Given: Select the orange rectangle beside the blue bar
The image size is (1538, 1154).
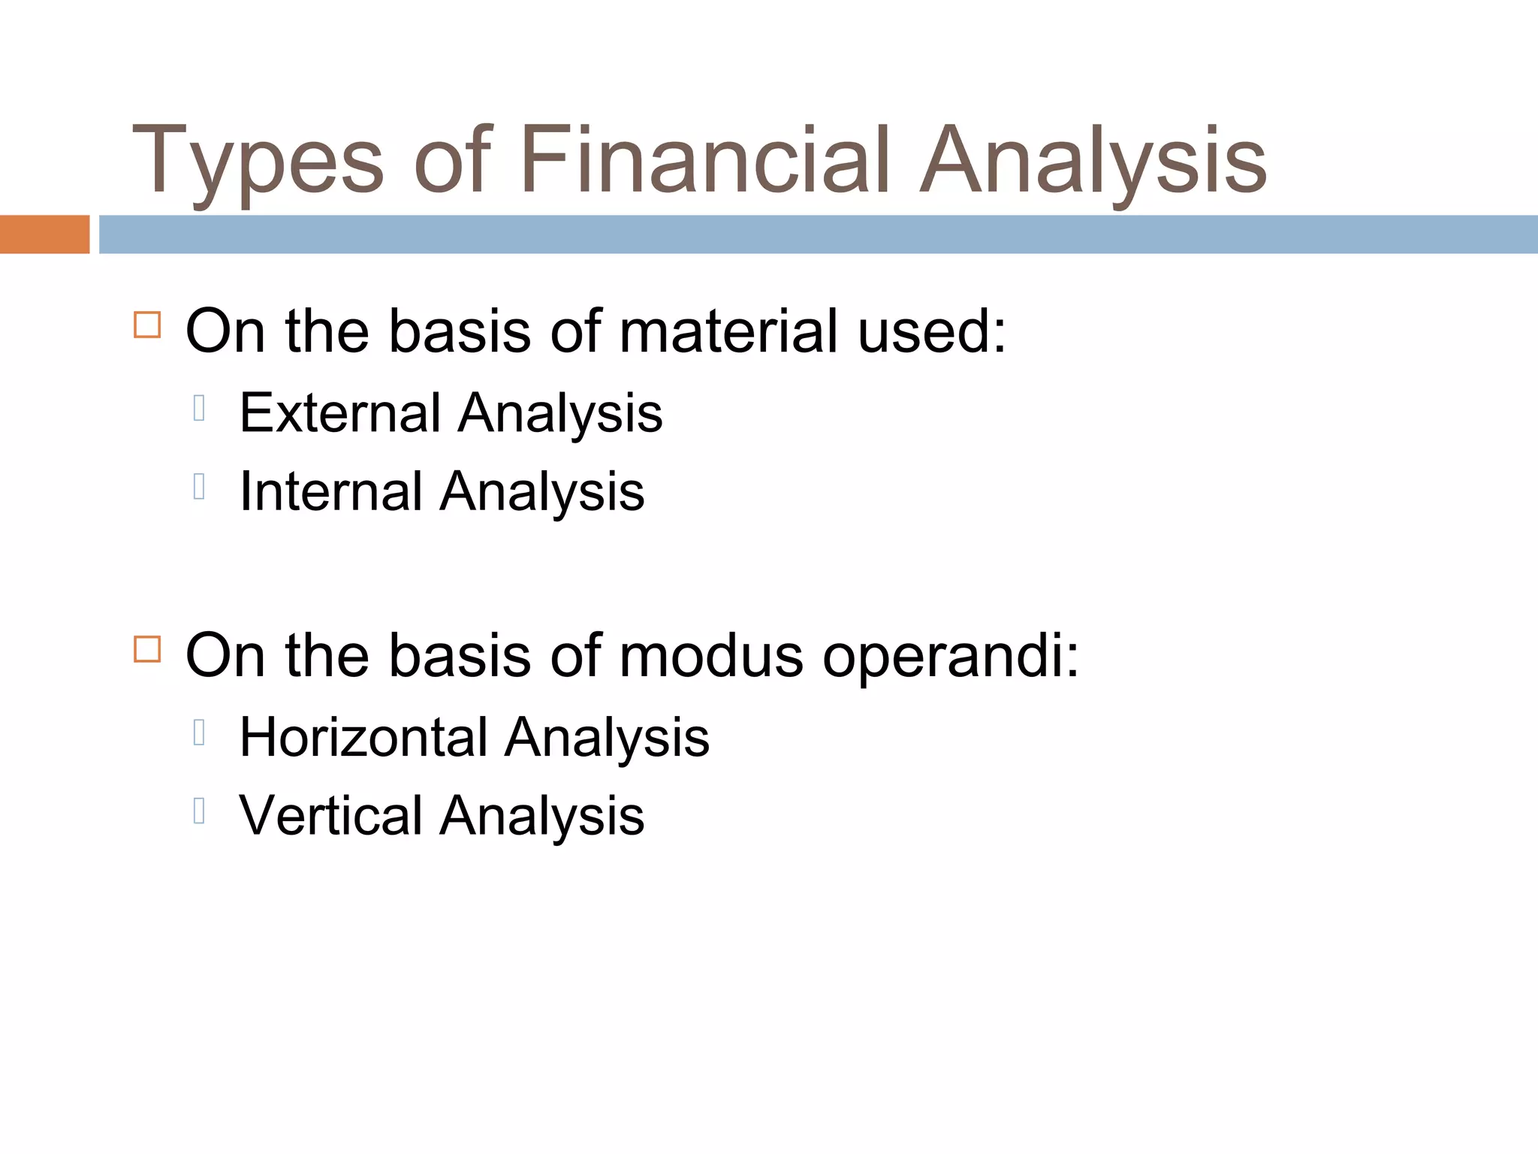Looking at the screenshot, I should coord(44,234).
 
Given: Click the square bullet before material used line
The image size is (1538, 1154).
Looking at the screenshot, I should coord(147,325).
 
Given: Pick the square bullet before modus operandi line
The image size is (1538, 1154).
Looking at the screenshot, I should coord(147,649).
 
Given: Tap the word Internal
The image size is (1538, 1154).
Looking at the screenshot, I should coord(330,491).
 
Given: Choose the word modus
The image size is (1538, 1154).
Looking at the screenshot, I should coord(710,656).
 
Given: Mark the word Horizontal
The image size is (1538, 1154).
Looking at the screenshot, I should coord(363,737).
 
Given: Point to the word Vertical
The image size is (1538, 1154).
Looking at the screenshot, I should coord(330,816).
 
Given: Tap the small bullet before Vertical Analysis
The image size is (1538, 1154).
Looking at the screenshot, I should coord(199,811).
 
